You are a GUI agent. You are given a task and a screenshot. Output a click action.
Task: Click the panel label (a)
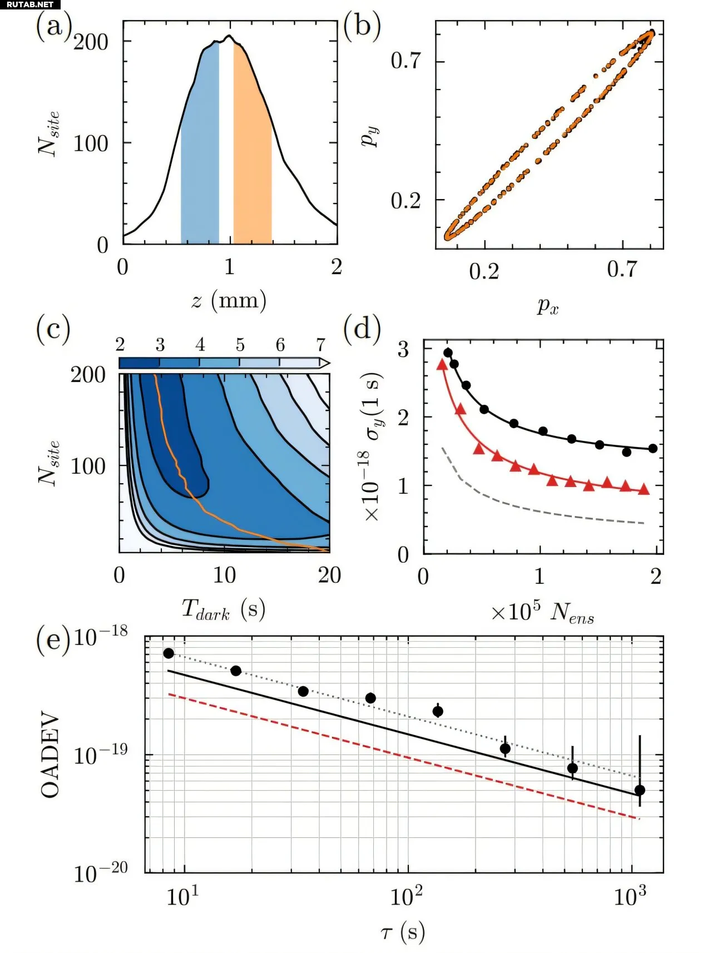tap(54, 26)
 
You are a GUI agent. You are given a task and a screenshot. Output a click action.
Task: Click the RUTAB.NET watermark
tap(30, 4)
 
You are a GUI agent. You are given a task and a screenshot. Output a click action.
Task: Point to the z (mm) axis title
tap(229, 301)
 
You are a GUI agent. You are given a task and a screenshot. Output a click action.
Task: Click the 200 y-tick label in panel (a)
tap(91, 42)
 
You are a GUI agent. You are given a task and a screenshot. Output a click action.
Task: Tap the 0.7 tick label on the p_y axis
tap(406, 61)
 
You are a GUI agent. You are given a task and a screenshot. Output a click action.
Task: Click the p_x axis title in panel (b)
tap(548, 305)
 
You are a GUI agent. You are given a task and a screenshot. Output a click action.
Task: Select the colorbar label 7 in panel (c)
tap(320, 345)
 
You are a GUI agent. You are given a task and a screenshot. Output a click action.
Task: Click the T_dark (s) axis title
tap(223, 609)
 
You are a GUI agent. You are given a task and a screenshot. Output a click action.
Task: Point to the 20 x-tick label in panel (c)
tap(329, 575)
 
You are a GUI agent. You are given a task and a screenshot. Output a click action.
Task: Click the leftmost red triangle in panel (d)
tap(442, 365)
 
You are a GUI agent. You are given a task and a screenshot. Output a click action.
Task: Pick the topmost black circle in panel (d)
tap(448, 353)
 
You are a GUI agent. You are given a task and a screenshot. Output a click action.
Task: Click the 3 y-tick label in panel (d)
tap(403, 350)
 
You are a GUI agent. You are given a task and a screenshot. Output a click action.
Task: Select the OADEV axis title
tap(50, 755)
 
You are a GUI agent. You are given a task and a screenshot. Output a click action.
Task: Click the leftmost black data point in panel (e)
tap(169, 653)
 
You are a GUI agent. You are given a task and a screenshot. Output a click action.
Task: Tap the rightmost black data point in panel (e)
tap(640, 790)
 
